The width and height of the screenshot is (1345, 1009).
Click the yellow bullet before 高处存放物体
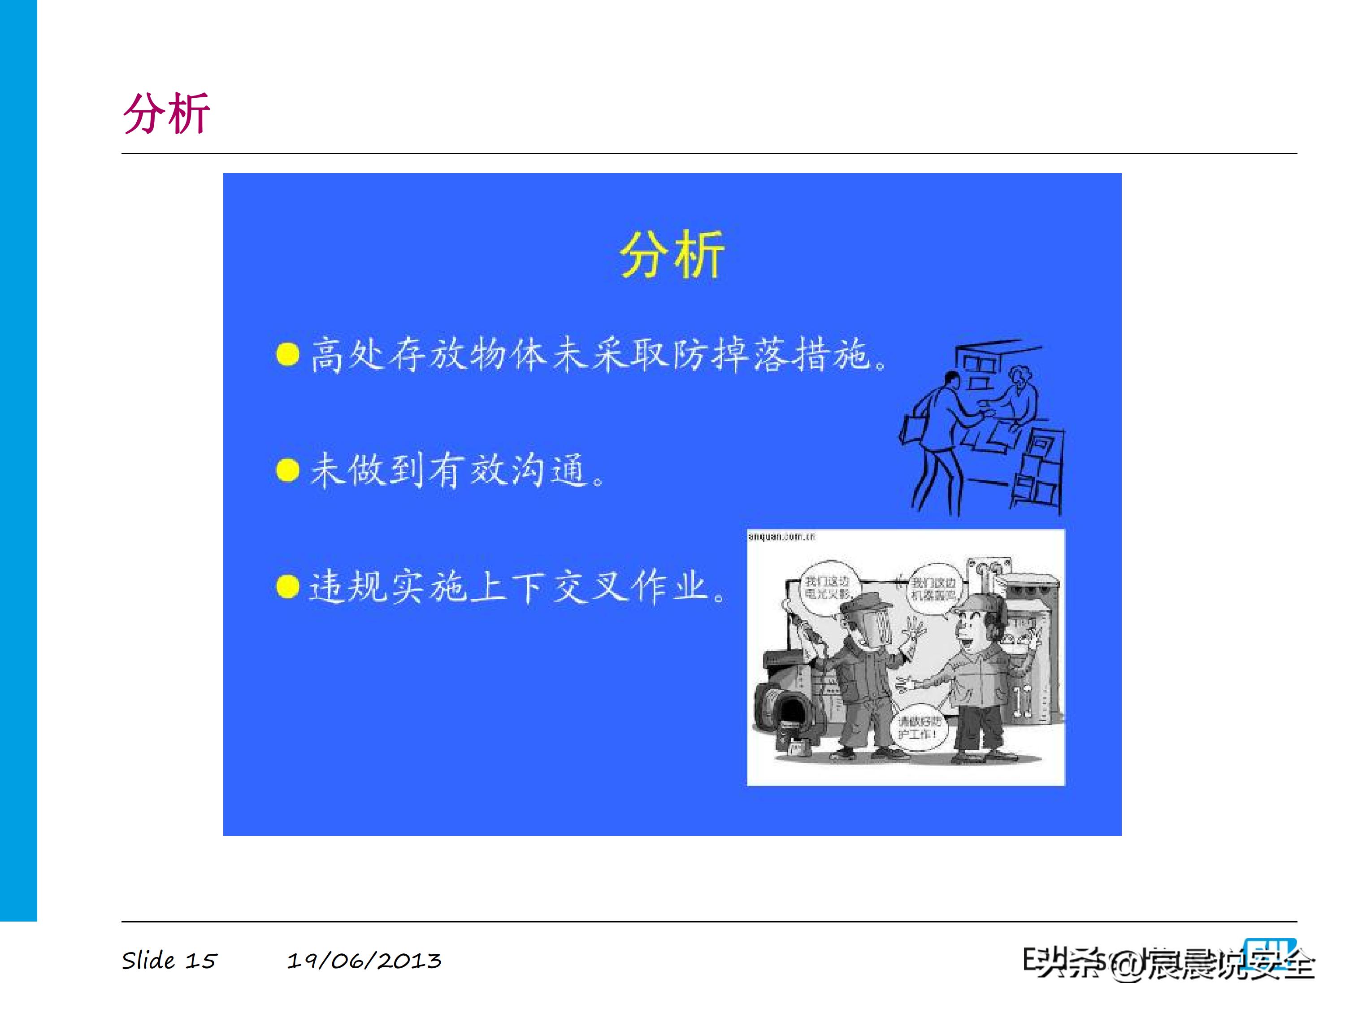coord(288,354)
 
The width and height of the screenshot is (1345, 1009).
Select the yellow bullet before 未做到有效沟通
coord(288,470)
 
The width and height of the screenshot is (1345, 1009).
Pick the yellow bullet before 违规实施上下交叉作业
coord(288,587)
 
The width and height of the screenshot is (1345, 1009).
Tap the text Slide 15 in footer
coord(169,961)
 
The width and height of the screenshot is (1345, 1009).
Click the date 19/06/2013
coord(364,961)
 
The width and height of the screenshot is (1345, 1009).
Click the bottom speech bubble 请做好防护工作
coord(920,727)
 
